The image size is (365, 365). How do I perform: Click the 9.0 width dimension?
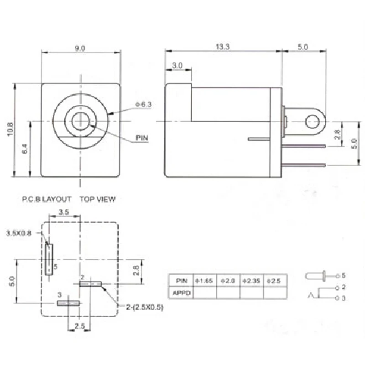(x=80, y=48)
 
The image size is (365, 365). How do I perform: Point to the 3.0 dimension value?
(x=177, y=66)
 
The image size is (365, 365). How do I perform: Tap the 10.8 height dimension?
(x=10, y=130)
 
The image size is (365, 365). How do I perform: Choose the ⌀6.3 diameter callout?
(x=143, y=104)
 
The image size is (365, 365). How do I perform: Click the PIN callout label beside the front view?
(x=142, y=137)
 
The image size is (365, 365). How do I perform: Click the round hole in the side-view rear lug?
(x=312, y=121)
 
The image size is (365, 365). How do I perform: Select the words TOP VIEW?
(x=98, y=199)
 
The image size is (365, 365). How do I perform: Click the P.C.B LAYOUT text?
(x=47, y=199)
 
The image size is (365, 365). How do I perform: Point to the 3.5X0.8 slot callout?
(x=19, y=233)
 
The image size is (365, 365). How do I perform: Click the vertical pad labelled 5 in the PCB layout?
(x=49, y=259)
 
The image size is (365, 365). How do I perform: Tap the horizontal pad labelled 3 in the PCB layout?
(x=68, y=303)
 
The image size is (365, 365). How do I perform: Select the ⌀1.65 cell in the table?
(x=205, y=281)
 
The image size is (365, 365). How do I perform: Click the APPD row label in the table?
(x=181, y=292)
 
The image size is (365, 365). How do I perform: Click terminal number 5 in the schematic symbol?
(x=344, y=276)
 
